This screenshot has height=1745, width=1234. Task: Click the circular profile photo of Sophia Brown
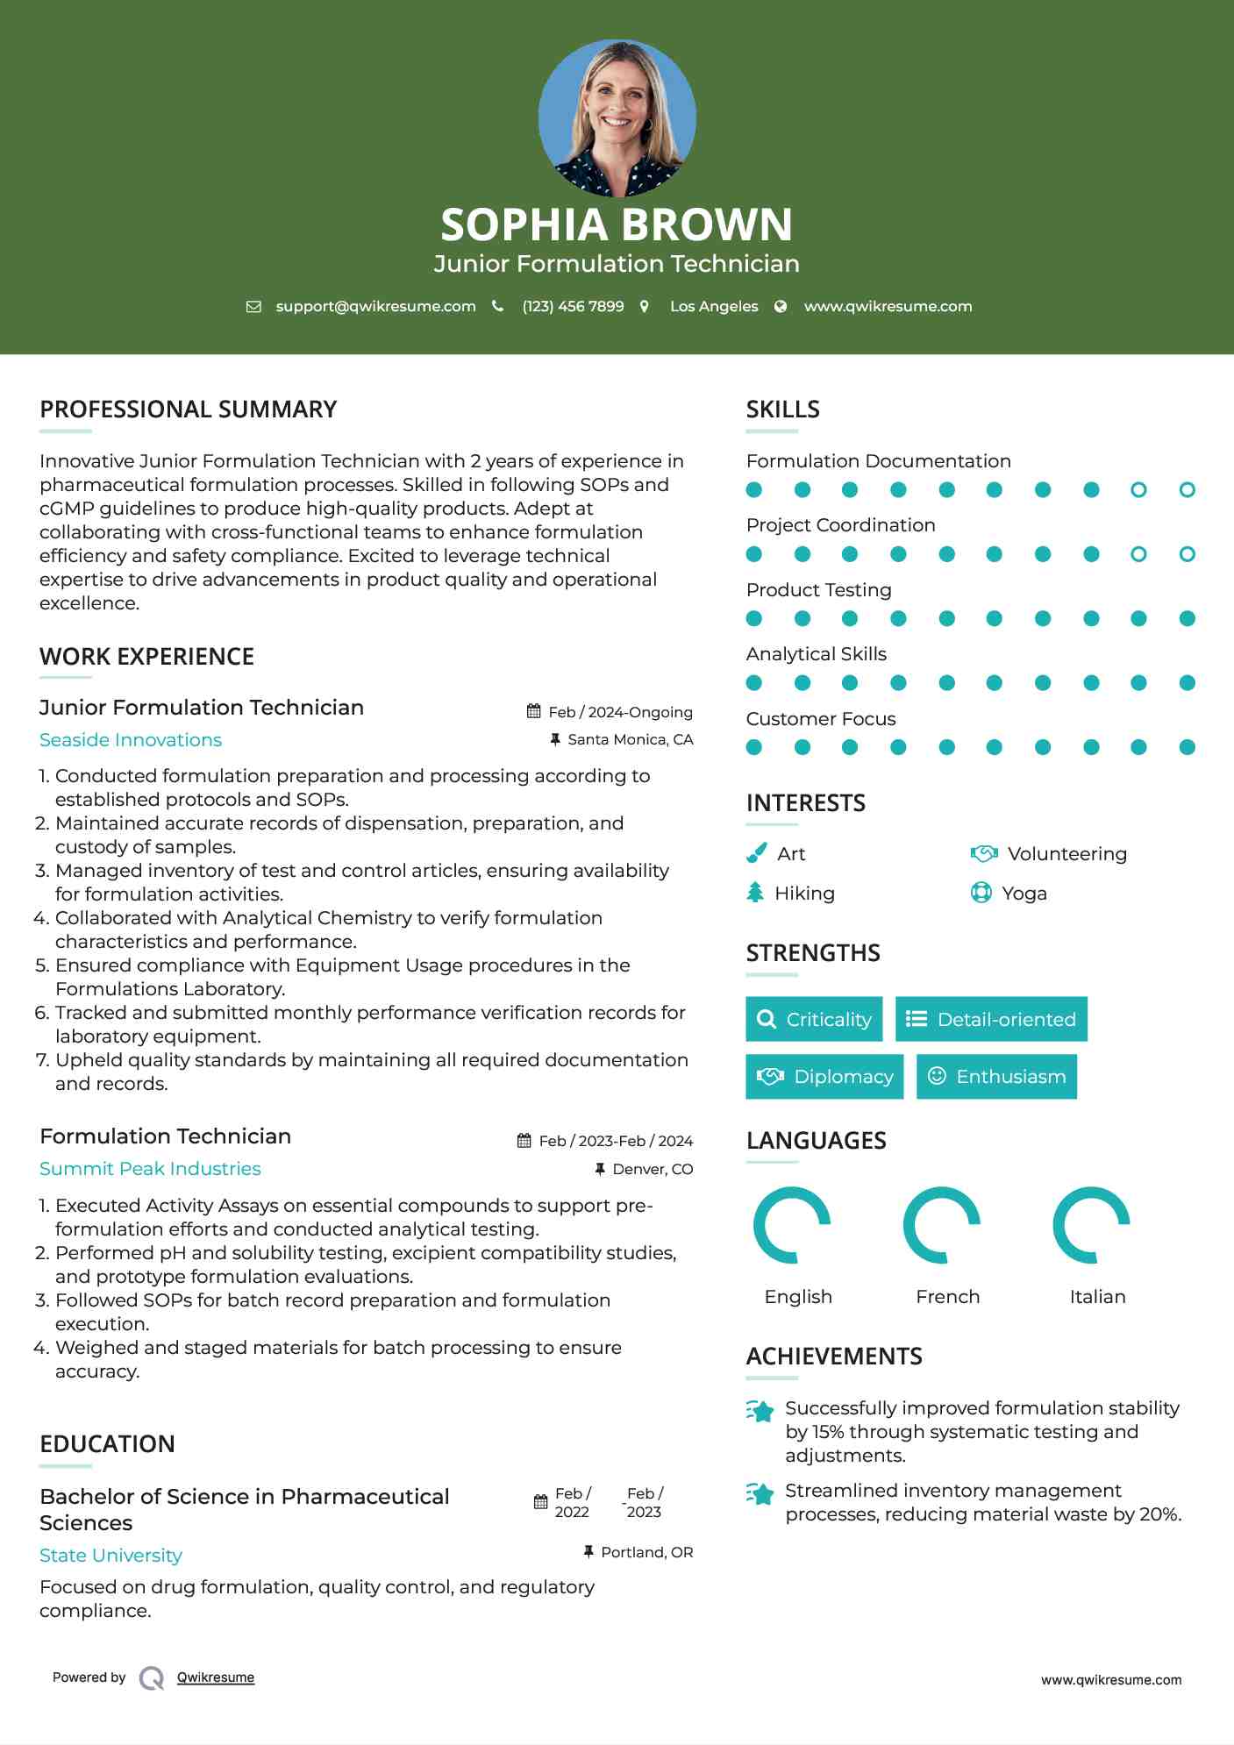click(x=617, y=118)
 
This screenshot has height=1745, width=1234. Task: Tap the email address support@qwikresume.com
click(x=375, y=306)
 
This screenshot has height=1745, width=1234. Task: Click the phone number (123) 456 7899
click(x=573, y=306)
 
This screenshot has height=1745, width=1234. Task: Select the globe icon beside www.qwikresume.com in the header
click(x=781, y=306)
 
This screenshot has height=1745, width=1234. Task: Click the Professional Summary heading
click(x=188, y=410)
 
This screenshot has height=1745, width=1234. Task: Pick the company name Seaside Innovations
click(x=131, y=740)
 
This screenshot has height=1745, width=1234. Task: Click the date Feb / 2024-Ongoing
click(x=620, y=712)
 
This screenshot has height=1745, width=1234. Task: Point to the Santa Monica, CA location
click(x=630, y=739)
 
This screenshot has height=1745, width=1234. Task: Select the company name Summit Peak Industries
click(x=150, y=1169)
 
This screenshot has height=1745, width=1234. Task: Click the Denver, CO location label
click(x=652, y=1169)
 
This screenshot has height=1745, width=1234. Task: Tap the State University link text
click(x=111, y=1556)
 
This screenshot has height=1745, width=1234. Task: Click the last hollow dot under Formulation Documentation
click(x=1187, y=490)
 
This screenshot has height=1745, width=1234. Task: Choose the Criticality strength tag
click(x=814, y=1019)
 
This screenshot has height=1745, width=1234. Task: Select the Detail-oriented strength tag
click(x=991, y=1019)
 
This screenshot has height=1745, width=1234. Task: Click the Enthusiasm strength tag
click(x=996, y=1076)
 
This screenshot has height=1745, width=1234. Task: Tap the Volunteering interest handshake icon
click(x=984, y=853)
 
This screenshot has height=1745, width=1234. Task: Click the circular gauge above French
click(x=942, y=1225)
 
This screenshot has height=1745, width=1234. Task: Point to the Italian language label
click(x=1097, y=1296)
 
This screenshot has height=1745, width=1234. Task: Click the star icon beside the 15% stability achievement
click(x=760, y=1411)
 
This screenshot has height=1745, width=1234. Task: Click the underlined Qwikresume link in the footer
click(x=216, y=1677)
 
